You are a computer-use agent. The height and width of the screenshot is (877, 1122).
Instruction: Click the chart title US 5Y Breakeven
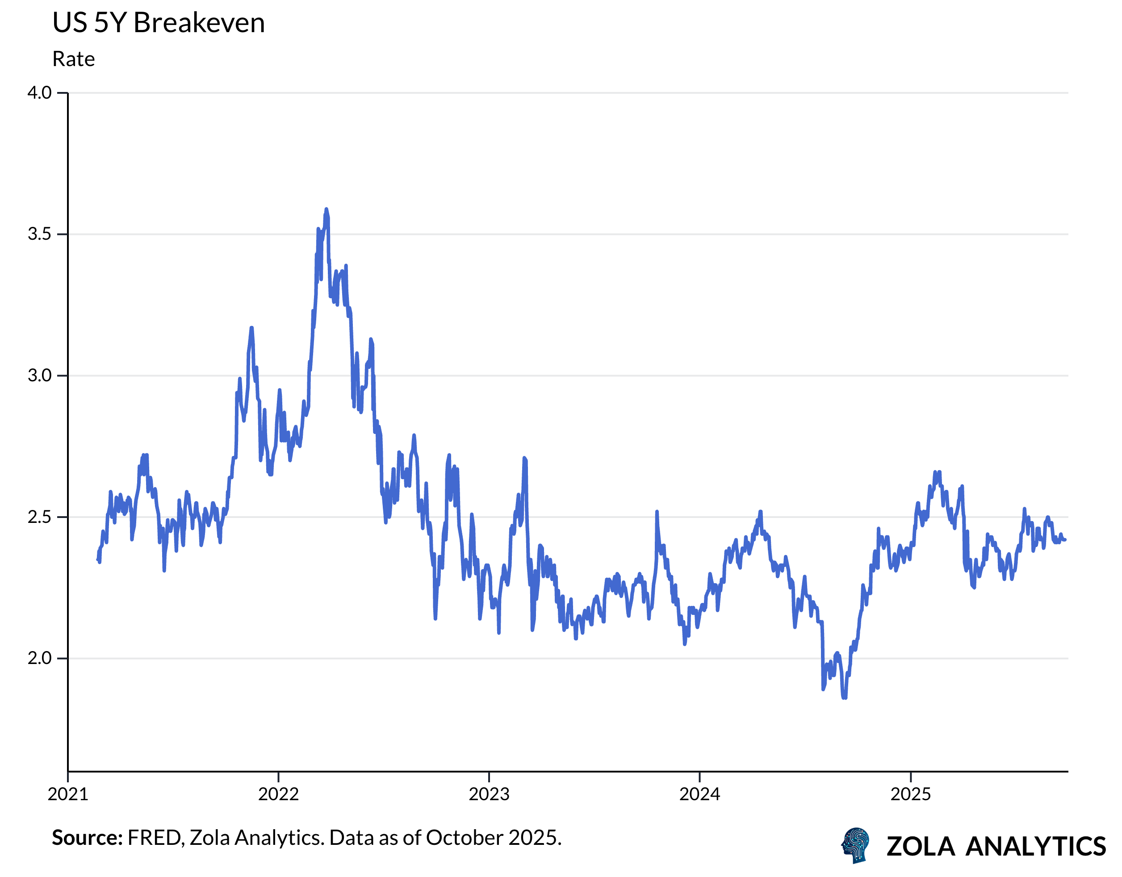(158, 24)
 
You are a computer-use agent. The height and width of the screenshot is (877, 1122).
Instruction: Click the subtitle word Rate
(73, 59)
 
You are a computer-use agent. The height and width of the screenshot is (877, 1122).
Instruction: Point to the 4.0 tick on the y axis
(40, 93)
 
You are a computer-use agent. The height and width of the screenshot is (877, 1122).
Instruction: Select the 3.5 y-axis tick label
(40, 234)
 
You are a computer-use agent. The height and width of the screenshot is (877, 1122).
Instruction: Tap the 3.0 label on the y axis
(40, 376)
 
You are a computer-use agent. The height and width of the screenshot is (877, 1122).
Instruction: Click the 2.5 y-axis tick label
(40, 517)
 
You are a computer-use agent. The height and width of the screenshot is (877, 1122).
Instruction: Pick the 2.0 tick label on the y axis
(40, 658)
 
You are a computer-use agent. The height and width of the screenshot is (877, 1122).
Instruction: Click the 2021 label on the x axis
(68, 794)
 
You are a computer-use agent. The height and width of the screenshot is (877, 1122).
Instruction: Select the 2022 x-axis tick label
(278, 794)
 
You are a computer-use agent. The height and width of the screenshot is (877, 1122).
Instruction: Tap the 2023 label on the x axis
(489, 794)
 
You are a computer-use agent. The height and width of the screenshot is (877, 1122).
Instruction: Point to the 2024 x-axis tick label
(700, 794)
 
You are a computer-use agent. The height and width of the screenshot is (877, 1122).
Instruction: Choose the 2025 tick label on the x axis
(910, 794)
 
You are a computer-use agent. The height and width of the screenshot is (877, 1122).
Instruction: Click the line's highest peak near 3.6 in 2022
(326, 209)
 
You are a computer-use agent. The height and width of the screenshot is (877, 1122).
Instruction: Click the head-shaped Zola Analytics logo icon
(856, 845)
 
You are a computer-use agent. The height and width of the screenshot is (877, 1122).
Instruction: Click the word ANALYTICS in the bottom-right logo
(1035, 846)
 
